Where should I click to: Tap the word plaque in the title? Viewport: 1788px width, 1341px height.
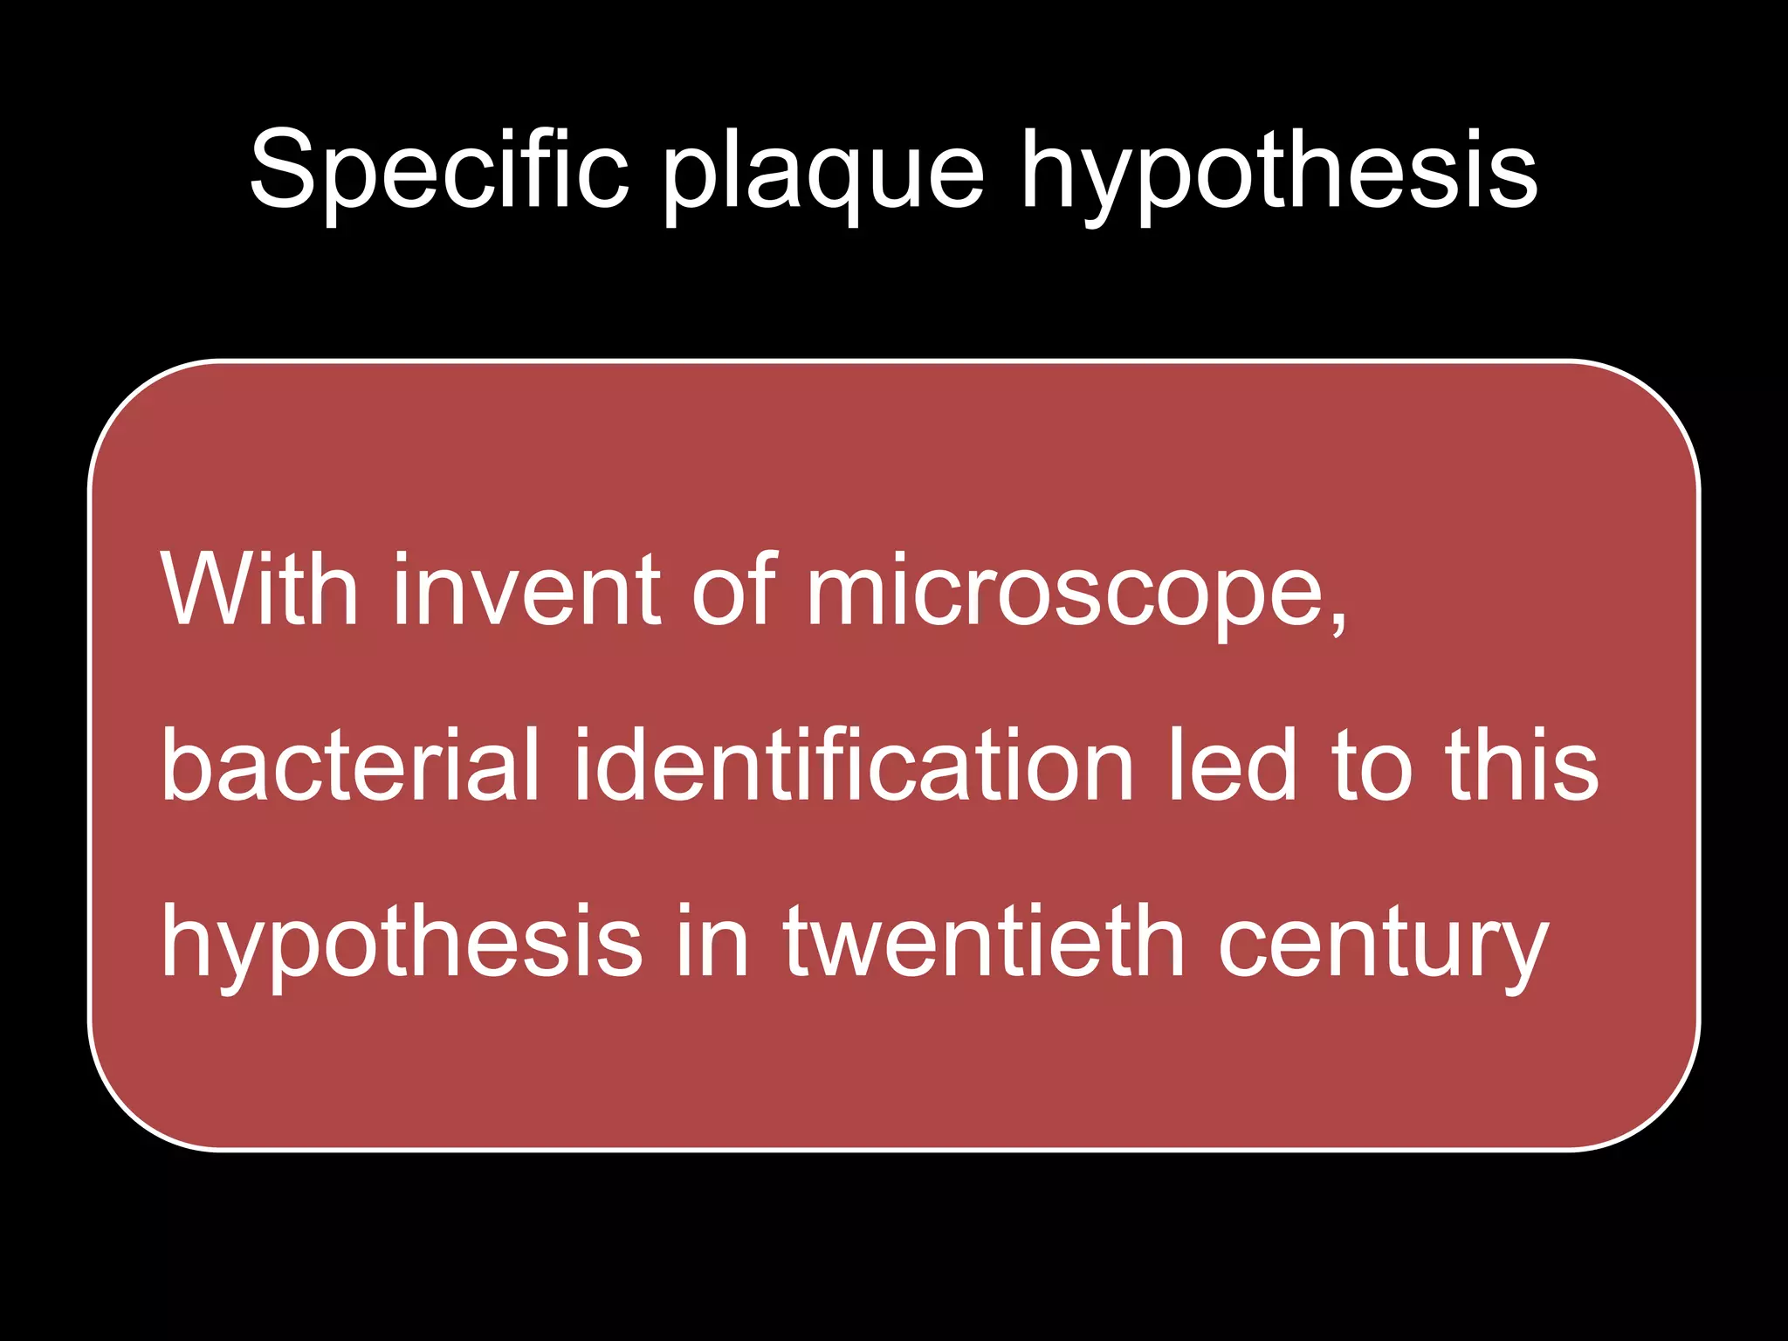[823, 175]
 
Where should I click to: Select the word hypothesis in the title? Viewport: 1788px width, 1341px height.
[1278, 175]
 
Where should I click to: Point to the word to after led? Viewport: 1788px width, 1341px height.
[1372, 767]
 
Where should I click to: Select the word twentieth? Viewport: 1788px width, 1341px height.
[984, 941]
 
